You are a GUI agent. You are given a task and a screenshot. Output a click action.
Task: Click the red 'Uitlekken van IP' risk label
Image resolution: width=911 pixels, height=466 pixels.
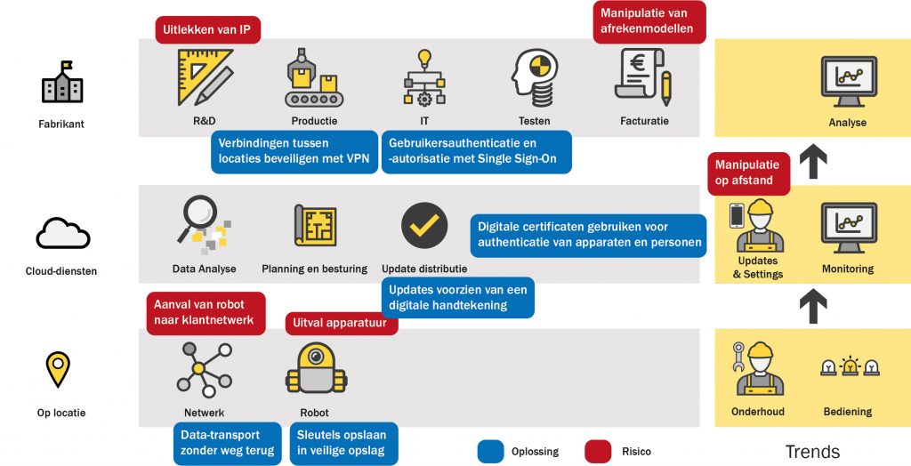[x=207, y=29]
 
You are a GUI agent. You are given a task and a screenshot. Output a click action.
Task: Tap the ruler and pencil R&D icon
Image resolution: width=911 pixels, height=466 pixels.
[x=205, y=76]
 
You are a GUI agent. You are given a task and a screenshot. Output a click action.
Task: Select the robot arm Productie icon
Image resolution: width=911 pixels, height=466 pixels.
[x=314, y=77]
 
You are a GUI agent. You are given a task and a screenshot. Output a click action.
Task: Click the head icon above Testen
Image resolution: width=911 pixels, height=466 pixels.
[x=535, y=77]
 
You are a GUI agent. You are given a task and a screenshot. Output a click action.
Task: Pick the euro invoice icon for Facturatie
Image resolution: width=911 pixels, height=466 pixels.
[x=643, y=77]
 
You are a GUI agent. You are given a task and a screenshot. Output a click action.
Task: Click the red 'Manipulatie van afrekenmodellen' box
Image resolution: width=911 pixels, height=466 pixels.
[x=649, y=21]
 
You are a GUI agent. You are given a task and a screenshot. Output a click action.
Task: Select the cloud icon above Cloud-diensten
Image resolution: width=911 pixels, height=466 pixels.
[x=63, y=233]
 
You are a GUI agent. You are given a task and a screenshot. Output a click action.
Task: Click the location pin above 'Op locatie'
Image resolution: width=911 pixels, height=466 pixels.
[x=58, y=369]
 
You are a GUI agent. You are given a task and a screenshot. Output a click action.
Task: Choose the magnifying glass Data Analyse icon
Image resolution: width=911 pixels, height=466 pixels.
[x=204, y=225]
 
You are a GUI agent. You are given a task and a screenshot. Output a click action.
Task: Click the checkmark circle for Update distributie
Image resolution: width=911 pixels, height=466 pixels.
[x=424, y=226]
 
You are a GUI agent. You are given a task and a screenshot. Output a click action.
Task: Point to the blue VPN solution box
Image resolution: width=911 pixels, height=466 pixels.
[x=294, y=152]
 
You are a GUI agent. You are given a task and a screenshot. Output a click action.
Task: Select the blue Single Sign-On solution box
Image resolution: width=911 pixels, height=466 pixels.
[x=477, y=152]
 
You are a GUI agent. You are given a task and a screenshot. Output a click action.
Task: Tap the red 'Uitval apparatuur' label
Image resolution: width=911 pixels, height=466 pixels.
[x=342, y=324]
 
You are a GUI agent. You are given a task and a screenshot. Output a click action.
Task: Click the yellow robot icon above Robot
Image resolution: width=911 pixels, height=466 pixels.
[x=316, y=369]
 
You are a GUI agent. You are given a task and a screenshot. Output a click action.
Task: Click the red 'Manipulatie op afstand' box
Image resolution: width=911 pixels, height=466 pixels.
[x=749, y=173]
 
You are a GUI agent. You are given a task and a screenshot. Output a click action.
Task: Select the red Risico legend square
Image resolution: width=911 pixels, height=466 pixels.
[x=598, y=452]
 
